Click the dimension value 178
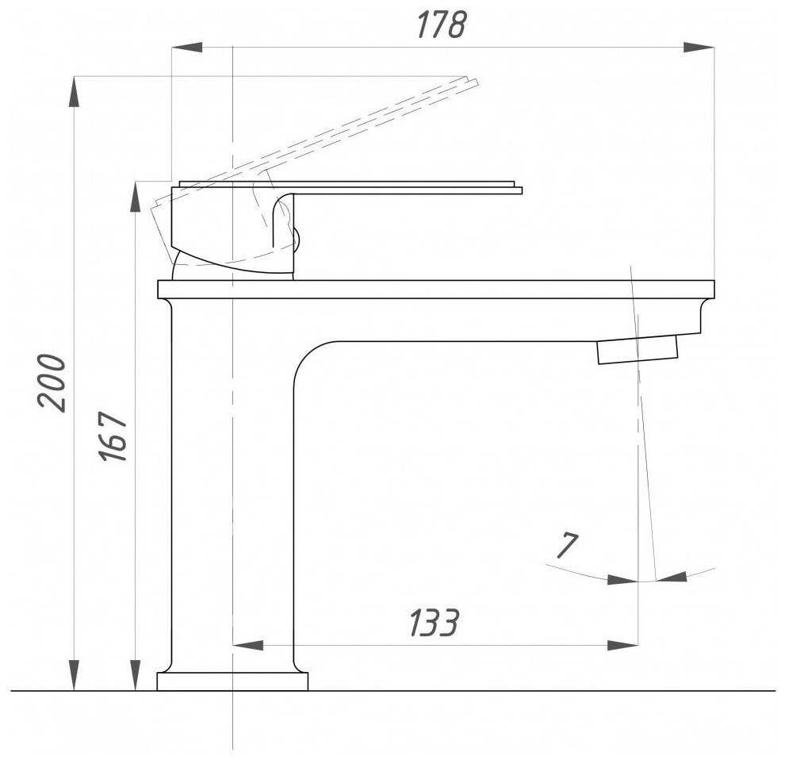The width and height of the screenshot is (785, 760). pos(441,24)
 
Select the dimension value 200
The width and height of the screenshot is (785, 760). pos(52,382)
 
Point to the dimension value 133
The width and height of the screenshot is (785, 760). pos(434,622)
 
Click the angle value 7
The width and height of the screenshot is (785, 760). pos(567,545)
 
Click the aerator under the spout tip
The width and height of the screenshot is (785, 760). pos(638,349)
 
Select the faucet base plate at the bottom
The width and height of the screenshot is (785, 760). pos(232,681)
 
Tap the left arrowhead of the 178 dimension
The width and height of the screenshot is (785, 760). pos(187,48)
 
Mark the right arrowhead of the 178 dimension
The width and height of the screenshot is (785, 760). pos(699,48)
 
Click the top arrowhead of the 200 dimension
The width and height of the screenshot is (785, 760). pos(74,92)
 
